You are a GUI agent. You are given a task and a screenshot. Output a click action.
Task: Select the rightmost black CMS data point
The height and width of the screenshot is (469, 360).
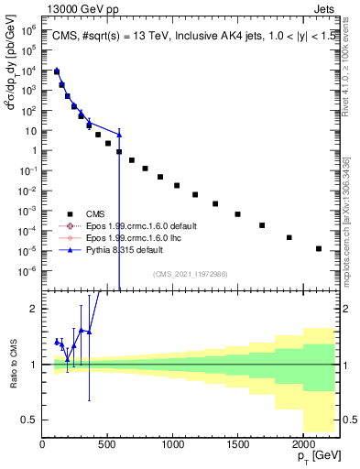click(319, 248)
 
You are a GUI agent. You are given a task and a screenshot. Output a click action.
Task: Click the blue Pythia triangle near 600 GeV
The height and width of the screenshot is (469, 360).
click(119, 135)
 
